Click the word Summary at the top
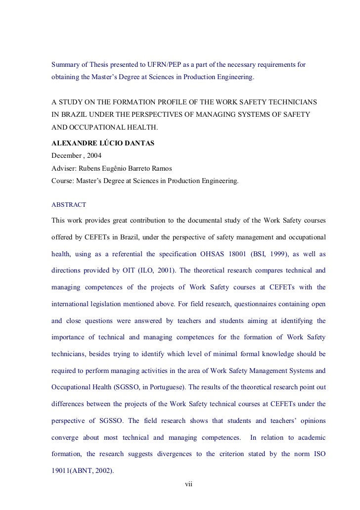click(x=66, y=65)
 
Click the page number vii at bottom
click(x=188, y=483)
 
